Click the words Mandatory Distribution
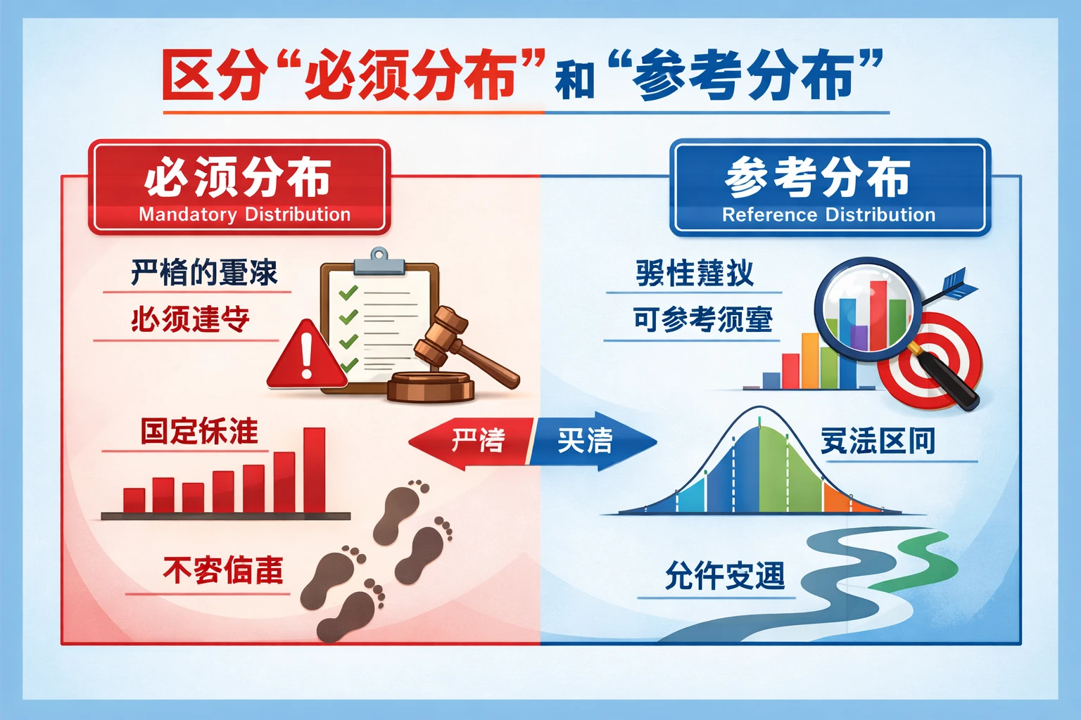coord(244,214)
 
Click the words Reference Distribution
coord(828,215)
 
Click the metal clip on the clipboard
coord(379,262)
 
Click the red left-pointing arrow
coord(468,442)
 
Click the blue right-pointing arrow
coord(591,441)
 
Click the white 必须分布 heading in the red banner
coord(238,177)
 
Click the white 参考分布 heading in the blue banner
coord(818,177)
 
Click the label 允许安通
coord(725,577)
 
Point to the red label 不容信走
coord(223,570)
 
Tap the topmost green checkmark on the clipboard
coord(348,292)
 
